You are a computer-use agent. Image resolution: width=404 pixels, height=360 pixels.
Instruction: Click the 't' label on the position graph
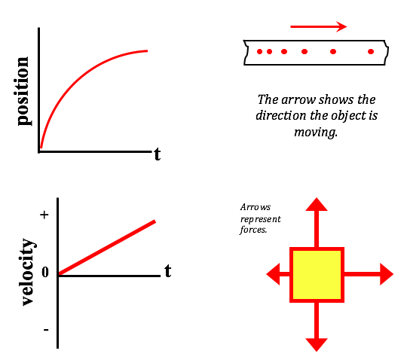point(158,154)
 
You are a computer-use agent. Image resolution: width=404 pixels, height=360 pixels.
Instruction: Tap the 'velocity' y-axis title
point(29,272)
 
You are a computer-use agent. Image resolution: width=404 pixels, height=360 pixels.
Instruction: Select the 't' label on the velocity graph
point(168,271)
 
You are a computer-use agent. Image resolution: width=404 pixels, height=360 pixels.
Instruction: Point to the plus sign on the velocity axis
point(44,215)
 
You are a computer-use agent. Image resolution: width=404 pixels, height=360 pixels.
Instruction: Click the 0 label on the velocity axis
point(45,272)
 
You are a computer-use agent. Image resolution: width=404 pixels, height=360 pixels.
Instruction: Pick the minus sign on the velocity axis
point(46,330)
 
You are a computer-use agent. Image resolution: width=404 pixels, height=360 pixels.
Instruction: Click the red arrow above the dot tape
point(319,26)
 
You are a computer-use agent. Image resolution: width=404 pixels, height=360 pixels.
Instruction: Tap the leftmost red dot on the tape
point(260,52)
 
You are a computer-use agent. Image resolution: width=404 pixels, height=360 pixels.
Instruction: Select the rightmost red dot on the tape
point(371,52)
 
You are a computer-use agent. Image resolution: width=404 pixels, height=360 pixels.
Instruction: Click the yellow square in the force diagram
point(317,275)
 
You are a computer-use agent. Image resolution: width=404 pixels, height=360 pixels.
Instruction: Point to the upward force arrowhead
point(317,204)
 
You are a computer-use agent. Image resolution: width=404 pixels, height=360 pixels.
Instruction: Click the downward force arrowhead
point(317,345)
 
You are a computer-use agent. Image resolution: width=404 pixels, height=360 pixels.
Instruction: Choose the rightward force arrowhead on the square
point(387,274)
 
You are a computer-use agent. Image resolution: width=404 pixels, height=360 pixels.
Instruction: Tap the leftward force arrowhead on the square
point(273,274)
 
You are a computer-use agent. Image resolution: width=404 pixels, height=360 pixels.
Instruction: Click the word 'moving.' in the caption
point(316,132)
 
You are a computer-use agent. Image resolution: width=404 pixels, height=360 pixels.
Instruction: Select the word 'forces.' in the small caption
point(253,230)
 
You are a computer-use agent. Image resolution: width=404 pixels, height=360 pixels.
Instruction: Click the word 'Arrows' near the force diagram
point(256,207)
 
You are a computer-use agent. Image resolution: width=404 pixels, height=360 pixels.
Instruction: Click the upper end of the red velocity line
point(155,221)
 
